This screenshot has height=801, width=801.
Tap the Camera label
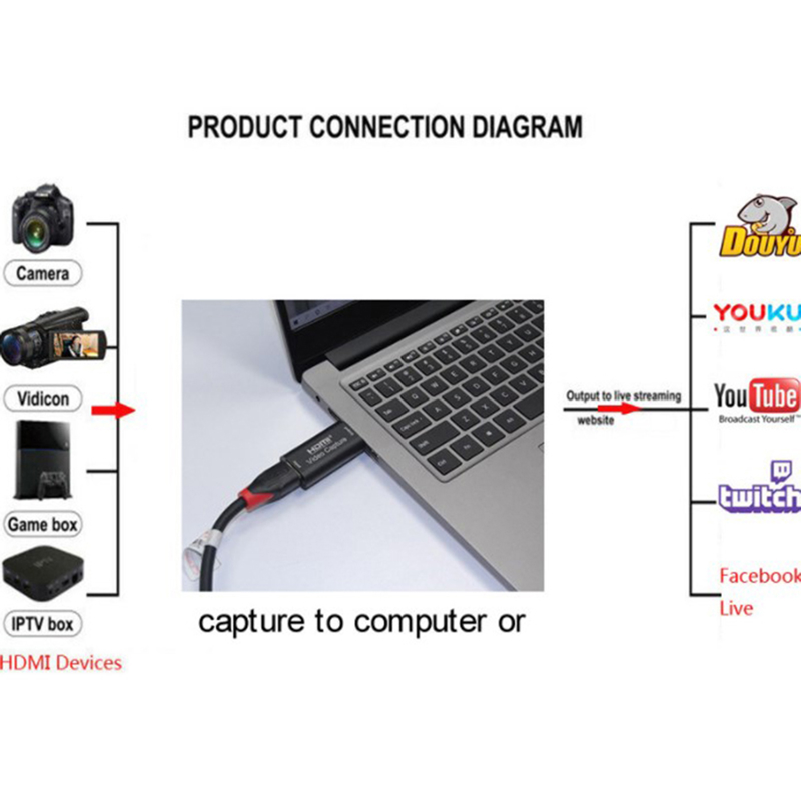[42, 273]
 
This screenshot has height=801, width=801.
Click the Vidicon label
[43, 399]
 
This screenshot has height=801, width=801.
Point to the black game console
[43, 461]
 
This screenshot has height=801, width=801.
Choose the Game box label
[43, 524]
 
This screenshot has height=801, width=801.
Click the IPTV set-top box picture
[43, 573]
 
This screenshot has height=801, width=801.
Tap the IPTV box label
[43, 624]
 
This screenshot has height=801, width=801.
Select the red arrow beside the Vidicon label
[113, 410]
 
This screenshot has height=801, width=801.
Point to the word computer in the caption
[420, 622]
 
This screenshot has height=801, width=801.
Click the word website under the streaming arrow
[595, 421]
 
